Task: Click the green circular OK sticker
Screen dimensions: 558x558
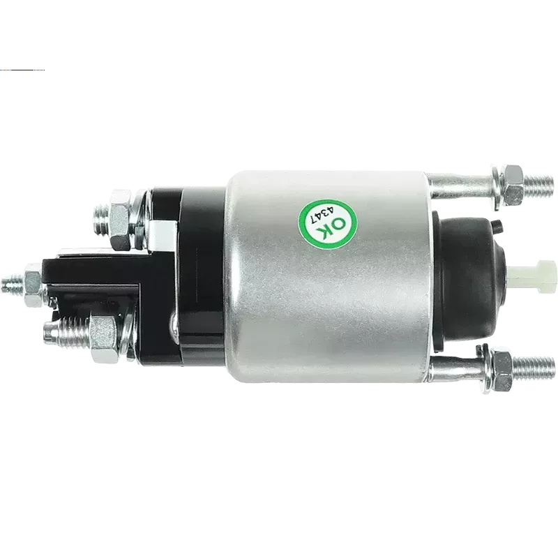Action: pyautogui.click(x=327, y=224)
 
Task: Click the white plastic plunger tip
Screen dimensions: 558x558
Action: pyautogui.click(x=532, y=272)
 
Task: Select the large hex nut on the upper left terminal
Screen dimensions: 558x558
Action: pyautogui.click(x=121, y=220)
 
